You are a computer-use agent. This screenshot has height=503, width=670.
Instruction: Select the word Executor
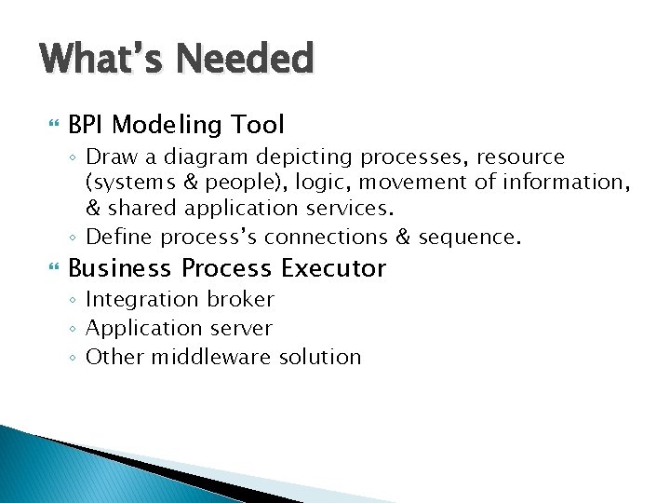point(333,269)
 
